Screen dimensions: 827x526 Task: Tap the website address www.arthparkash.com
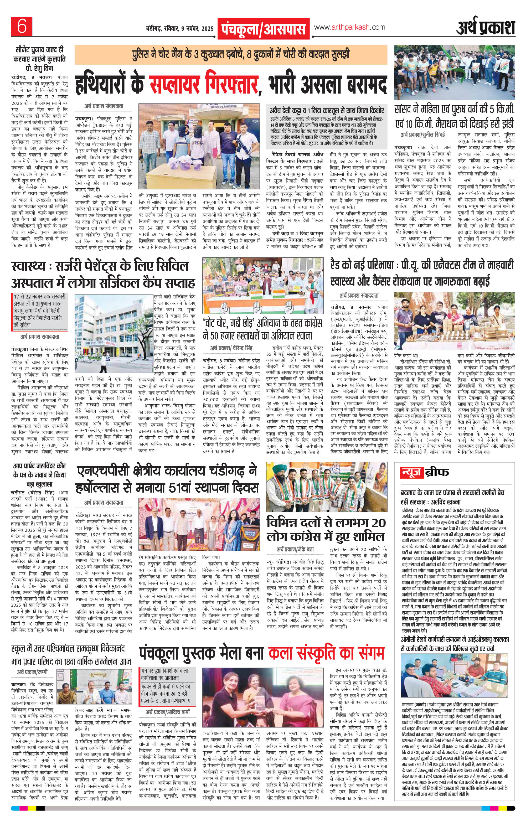point(349,27)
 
